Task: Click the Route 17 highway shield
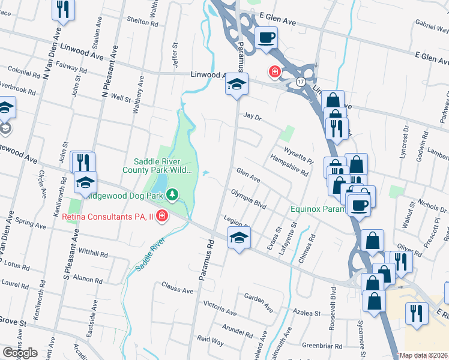pos(300,81)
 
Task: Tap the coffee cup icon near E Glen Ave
pos(267,38)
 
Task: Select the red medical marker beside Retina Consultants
pos(161,216)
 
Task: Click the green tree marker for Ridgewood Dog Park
pos(172,194)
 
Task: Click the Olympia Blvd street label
pos(249,199)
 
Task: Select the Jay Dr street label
pos(253,116)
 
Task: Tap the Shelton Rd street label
pos(142,20)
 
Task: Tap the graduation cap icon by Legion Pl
pos(238,238)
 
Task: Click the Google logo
pos(20,353)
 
